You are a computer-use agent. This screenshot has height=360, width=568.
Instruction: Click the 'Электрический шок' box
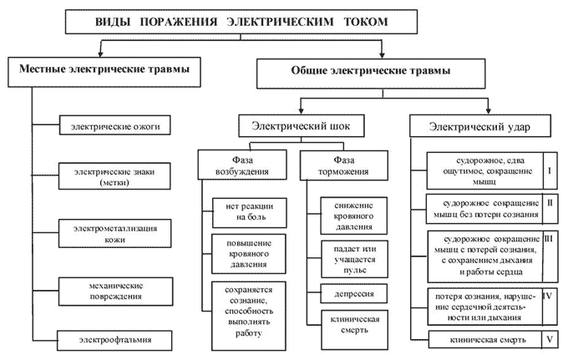301,127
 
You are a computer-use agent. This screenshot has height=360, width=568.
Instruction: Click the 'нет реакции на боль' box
245,210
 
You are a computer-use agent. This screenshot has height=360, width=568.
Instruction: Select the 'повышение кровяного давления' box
245,253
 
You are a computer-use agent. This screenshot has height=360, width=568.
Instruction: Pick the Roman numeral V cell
550,339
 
